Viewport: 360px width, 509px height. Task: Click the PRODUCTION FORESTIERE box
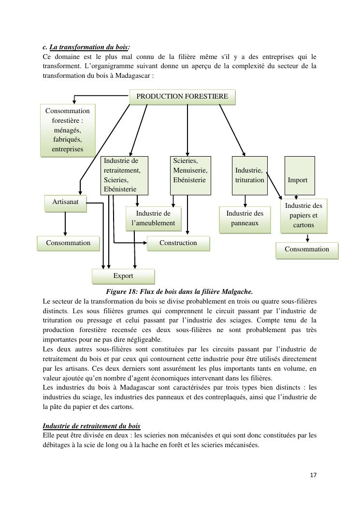click(182, 97)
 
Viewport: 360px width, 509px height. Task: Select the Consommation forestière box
click(68, 130)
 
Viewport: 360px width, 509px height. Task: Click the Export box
click(123, 276)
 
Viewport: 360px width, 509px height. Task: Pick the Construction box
click(178, 243)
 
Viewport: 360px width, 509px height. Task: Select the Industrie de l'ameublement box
click(153, 218)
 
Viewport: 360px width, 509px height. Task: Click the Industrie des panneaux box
click(245, 218)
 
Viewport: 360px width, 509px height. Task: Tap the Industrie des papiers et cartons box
click(303, 216)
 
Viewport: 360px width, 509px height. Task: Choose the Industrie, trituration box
click(250, 175)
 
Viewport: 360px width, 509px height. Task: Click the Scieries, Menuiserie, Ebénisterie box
click(190, 175)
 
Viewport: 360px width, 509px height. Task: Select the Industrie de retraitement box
click(125, 175)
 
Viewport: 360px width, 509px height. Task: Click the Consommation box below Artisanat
click(68, 243)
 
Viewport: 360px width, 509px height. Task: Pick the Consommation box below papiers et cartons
click(307, 250)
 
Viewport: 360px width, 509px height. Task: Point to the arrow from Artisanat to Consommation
click(65, 224)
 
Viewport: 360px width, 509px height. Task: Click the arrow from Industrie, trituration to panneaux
click(245, 201)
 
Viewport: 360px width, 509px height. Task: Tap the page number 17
click(313, 475)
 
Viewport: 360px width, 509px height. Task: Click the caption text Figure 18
click(179, 291)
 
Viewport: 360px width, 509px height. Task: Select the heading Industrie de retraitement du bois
click(92, 426)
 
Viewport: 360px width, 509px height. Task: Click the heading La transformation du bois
click(89, 47)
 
